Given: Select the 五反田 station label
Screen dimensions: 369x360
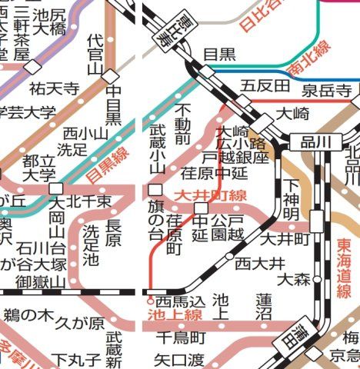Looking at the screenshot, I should (258, 85).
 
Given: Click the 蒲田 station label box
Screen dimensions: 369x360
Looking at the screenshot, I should (309, 335).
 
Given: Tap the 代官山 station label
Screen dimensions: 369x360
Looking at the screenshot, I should (95, 53).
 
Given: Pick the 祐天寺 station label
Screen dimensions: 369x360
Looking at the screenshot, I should (55, 88).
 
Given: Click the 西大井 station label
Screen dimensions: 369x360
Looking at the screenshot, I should (255, 264).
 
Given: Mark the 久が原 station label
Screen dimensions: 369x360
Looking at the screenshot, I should (78, 324).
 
